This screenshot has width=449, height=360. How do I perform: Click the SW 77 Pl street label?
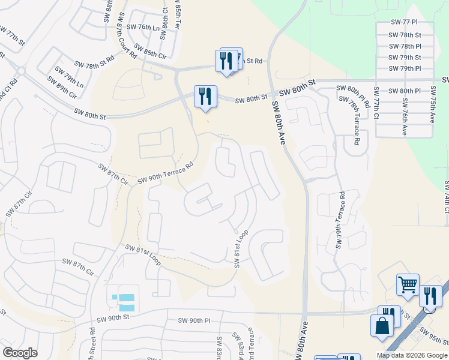point(403,22)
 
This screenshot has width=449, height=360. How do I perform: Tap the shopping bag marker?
point(382,327)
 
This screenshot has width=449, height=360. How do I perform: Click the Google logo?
point(20,353)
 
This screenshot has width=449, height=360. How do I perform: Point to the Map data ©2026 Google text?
point(411,355)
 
